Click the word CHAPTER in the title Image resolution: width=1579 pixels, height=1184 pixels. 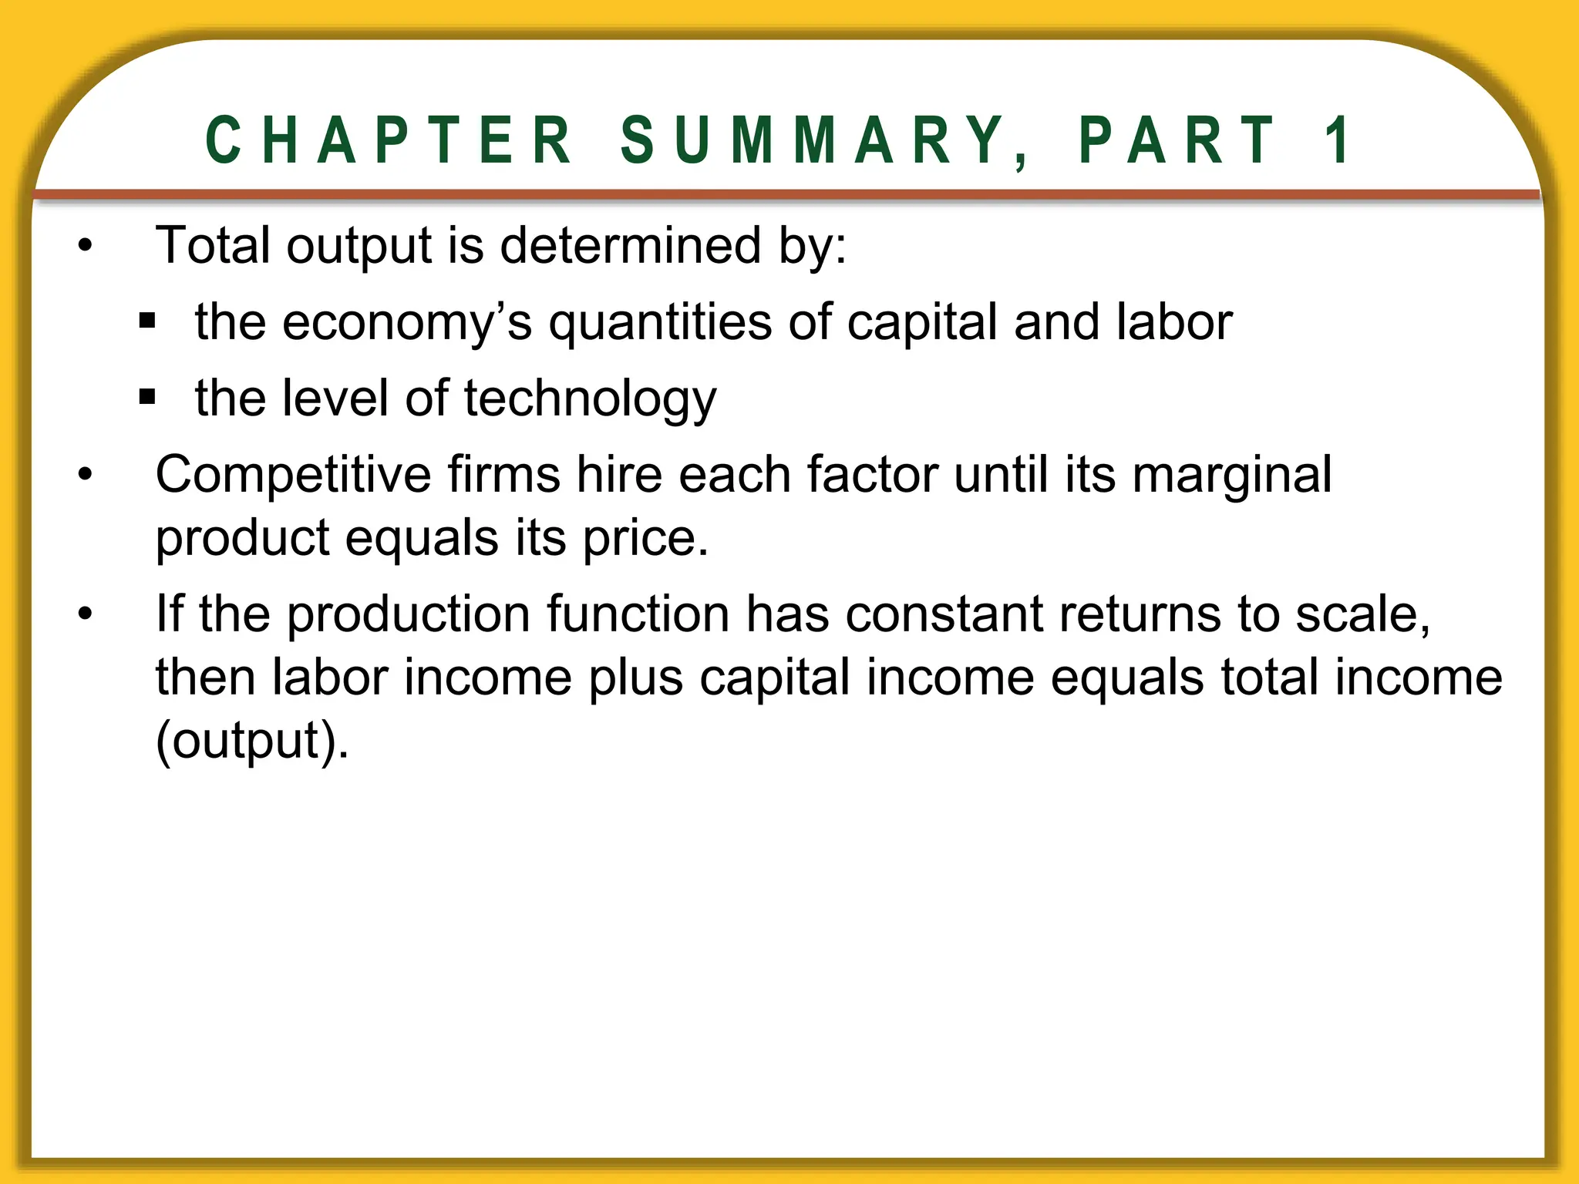389,140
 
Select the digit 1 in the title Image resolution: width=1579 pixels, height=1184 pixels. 1338,140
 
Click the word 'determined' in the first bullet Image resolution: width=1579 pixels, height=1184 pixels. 630,246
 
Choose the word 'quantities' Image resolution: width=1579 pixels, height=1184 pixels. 660,322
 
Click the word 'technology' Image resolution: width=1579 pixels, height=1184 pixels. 591,399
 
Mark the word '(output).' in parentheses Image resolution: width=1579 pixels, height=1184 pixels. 252,741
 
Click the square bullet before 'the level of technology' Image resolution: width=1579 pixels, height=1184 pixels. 147,397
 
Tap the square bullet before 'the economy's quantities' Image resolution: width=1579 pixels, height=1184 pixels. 147,320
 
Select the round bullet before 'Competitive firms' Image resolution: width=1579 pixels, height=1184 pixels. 85,474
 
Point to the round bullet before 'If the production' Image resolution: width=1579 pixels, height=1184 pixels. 85,614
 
